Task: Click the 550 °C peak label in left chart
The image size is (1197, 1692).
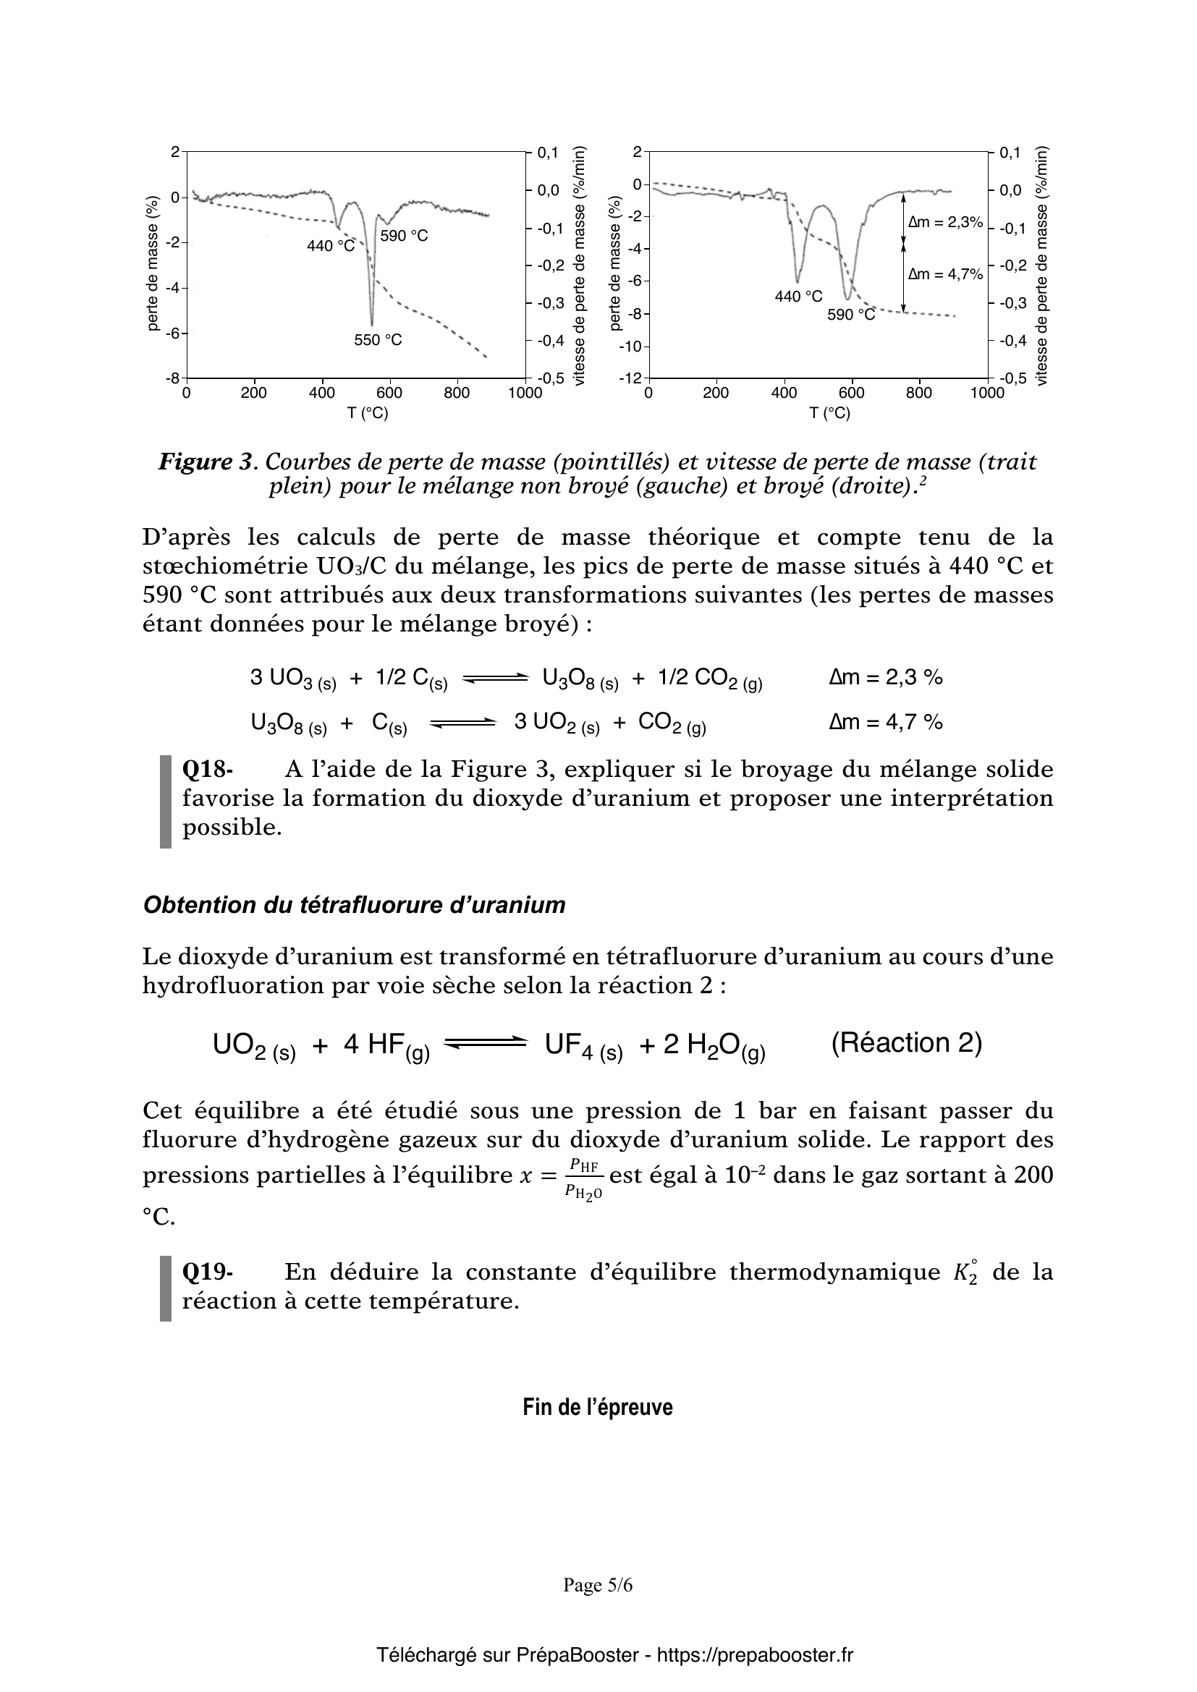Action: click(378, 340)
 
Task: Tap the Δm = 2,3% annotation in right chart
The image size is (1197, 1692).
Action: click(946, 222)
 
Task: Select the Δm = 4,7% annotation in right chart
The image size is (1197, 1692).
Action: click(946, 275)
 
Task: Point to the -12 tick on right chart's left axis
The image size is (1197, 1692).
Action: click(632, 378)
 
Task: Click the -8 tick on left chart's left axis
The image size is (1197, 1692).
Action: click(174, 378)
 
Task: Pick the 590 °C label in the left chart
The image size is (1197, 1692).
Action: click(404, 236)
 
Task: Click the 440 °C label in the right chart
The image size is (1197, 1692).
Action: click(798, 297)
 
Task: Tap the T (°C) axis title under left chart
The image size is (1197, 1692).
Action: click(368, 414)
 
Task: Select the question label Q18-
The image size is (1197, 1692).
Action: click(207, 770)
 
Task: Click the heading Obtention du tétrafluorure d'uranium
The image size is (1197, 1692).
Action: click(354, 905)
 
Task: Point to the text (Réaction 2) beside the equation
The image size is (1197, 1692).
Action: click(906, 1044)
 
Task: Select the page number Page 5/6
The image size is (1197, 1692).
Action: click(598, 1585)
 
